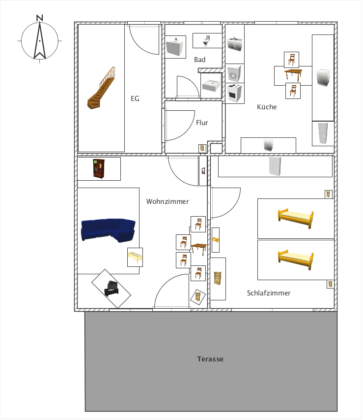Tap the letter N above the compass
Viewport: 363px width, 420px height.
[x=40, y=18]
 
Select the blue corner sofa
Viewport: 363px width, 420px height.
[x=108, y=230]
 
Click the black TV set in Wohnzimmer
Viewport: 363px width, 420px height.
[x=111, y=288]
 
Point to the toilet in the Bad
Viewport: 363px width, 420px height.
[x=206, y=41]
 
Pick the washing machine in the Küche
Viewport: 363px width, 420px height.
[x=234, y=73]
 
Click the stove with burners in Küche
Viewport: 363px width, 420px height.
[x=235, y=93]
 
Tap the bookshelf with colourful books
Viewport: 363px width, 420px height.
[x=99, y=169]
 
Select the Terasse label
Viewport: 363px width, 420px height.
[x=210, y=359]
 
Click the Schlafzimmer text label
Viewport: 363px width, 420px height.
[x=269, y=293]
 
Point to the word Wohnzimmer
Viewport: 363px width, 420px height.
[x=168, y=201]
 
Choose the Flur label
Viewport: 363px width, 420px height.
[x=202, y=123]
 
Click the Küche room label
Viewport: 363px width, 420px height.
[x=267, y=107]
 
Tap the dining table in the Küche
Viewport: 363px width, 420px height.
[x=293, y=74]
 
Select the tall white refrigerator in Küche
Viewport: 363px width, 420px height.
[x=323, y=133]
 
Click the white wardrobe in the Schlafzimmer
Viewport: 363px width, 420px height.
[x=275, y=166]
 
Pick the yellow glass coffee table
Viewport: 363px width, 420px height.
[x=135, y=257]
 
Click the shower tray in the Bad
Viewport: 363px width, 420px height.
[x=211, y=86]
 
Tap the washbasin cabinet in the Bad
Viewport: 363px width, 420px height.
[x=174, y=47]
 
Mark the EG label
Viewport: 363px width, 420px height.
[x=135, y=98]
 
